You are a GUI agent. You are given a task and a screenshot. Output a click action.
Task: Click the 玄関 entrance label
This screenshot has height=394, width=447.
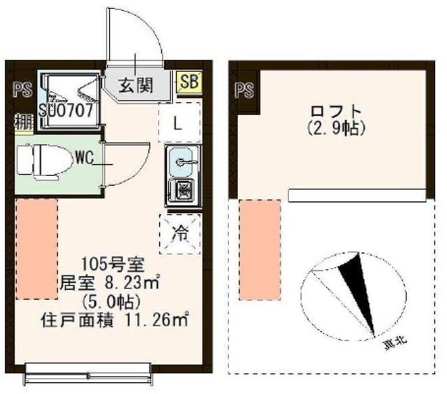pyautogui.click(x=135, y=86)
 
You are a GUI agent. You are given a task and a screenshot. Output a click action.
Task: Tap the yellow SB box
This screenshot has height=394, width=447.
pyautogui.click(x=188, y=82)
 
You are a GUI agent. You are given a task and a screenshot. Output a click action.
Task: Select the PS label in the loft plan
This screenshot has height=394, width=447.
pyautogui.click(x=243, y=89)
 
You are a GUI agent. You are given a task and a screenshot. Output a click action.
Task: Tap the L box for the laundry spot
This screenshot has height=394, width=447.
pyautogui.click(x=178, y=124)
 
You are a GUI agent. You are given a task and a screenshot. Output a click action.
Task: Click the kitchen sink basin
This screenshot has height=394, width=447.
pyautogui.click(x=184, y=163)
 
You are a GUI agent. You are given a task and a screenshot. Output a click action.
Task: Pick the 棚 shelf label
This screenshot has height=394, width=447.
pyautogui.click(x=22, y=120)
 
